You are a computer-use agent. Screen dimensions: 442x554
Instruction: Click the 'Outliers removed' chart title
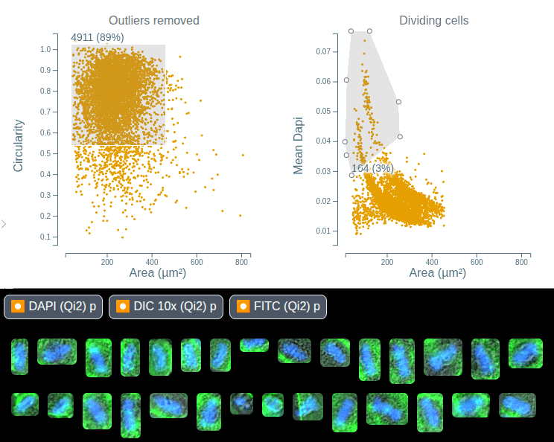pos(153,20)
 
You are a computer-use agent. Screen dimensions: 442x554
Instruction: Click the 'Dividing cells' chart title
pos(433,20)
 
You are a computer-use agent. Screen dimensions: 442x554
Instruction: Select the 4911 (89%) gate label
pos(97,37)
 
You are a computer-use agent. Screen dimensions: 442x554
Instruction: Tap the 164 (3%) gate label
pos(372,168)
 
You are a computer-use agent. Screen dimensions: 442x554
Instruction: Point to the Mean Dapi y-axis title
pos(299,145)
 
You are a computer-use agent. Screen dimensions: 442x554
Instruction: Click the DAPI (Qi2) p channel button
pos(54,306)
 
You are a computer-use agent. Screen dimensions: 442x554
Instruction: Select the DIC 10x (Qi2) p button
pos(166,306)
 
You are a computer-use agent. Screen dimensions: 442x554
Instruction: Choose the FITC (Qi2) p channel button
pos(278,306)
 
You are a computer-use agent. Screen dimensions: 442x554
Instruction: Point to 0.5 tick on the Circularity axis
pos(46,153)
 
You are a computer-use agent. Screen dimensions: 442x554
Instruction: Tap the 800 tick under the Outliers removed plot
pos(241,262)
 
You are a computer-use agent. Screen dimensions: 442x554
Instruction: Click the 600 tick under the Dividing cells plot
pos(477,262)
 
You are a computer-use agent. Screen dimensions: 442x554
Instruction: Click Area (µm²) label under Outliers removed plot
pos(158,274)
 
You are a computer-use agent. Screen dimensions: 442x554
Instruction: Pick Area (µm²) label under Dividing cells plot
pos(438,274)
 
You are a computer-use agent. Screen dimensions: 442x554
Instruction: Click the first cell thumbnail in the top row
pos(19,356)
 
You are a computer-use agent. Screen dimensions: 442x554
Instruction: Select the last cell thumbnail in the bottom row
pos(517,406)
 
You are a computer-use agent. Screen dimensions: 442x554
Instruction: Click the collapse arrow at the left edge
pos(4,223)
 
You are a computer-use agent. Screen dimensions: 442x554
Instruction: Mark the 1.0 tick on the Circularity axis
pos(46,49)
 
